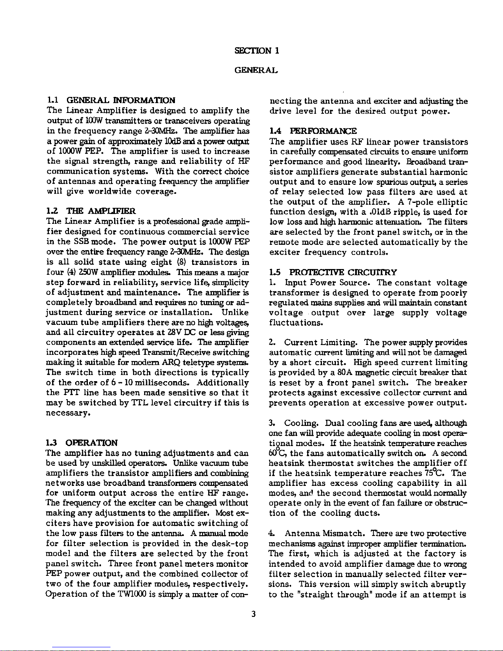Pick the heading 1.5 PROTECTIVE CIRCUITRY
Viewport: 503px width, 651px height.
pos(333,272)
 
